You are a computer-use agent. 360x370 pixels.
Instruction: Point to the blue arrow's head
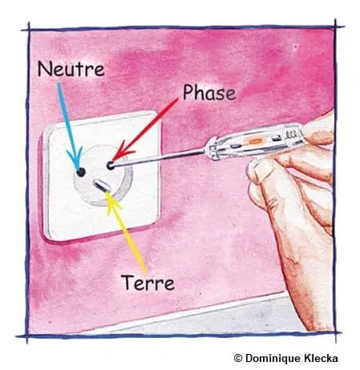[79, 166]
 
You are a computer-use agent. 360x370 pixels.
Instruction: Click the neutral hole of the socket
[80, 172]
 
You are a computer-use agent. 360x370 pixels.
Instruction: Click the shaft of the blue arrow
[69, 124]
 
